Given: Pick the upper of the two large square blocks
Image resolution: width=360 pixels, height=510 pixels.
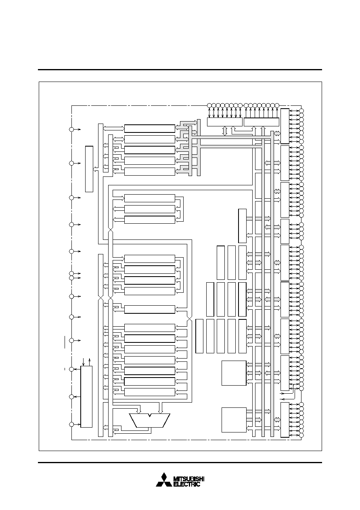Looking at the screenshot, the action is pyautogui.click(x=234, y=373).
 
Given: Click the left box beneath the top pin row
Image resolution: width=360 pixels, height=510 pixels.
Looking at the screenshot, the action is pyautogui.click(x=225, y=122).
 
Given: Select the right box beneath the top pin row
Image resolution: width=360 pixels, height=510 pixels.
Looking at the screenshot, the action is pyautogui.click(x=262, y=122).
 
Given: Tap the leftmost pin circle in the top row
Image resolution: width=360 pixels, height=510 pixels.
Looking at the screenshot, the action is pyautogui.click(x=209, y=105).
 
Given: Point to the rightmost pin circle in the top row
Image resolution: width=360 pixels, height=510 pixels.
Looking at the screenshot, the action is pyautogui.click(x=277, y=105).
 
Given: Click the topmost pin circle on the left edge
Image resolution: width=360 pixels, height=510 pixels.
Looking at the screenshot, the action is pyautogui.click(x=71, y=129).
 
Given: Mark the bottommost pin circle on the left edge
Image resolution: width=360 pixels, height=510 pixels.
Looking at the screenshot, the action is pyautogui.click(x=71, y=424).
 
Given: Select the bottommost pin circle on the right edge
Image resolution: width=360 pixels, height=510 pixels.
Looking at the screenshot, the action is pyautogui.click(x=301, y=435).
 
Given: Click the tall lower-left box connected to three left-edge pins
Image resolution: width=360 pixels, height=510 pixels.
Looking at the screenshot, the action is pyautogui.click(x=86, y=397).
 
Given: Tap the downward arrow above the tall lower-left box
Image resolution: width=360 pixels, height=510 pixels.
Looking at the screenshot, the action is pyautogui.click(x=84, y=361).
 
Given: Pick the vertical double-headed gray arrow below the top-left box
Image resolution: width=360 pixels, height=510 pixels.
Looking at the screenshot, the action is pyautogui.click(x=225, y=131).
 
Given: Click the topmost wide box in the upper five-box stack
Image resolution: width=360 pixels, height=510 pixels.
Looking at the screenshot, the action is pyautogui.click(x=149, y=128).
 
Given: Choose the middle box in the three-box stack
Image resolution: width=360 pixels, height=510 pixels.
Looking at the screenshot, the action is pyautogui.click(x=149, y=209).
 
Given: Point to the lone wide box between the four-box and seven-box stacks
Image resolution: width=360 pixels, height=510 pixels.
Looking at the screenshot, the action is pyautogui.click(x=149, y=309).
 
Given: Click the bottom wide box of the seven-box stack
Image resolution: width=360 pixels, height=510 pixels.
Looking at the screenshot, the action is pyautogui.click(x=149, y=392).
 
